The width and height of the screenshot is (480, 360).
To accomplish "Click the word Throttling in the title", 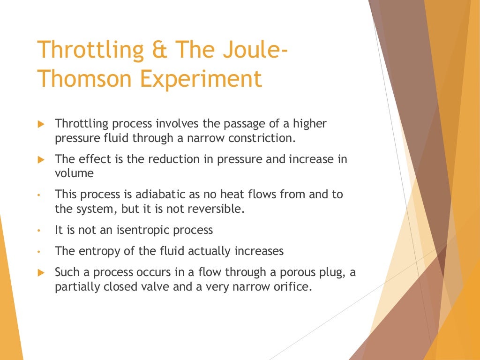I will [x=84, y=50].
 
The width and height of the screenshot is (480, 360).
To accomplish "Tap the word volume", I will [x=74, y=173].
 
